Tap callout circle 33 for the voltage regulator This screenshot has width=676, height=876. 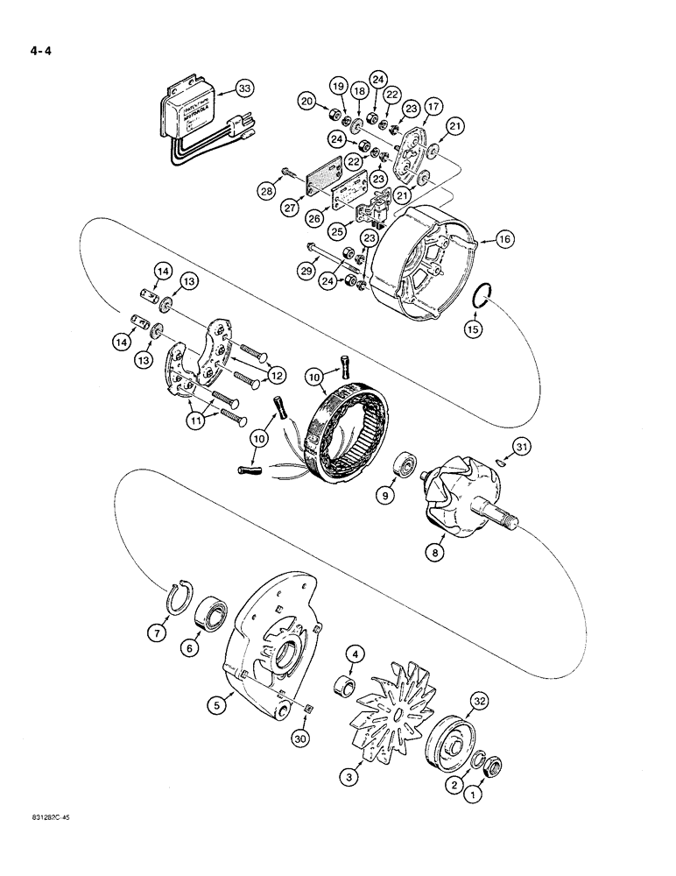click(246, 88)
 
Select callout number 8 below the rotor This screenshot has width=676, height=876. click(435, 553)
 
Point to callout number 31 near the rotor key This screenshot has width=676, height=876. click(522, 449)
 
